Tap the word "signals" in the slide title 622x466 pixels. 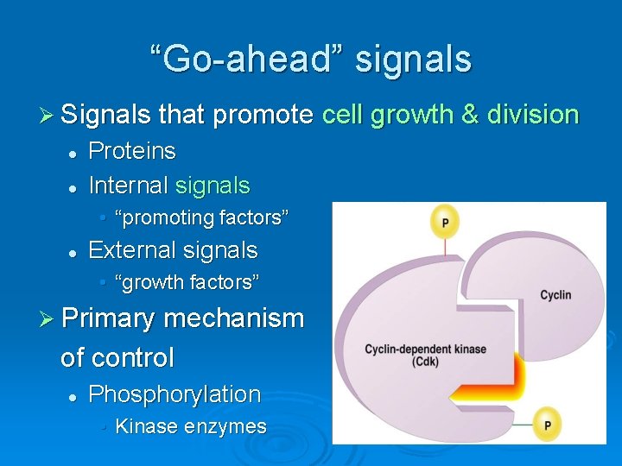tap(414, 60)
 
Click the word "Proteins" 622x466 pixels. tap(132, 152)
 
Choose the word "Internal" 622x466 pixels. tap(128, 186)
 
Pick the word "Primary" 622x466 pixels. tap(108, 318)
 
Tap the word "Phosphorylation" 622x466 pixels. tap(175, 394)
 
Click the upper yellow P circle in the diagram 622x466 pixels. tap(445, 222)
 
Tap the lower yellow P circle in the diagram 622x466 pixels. tap(547, 424)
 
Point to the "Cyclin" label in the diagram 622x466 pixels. tap(555, 295)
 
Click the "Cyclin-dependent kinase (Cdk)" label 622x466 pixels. tap(425, 355)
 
